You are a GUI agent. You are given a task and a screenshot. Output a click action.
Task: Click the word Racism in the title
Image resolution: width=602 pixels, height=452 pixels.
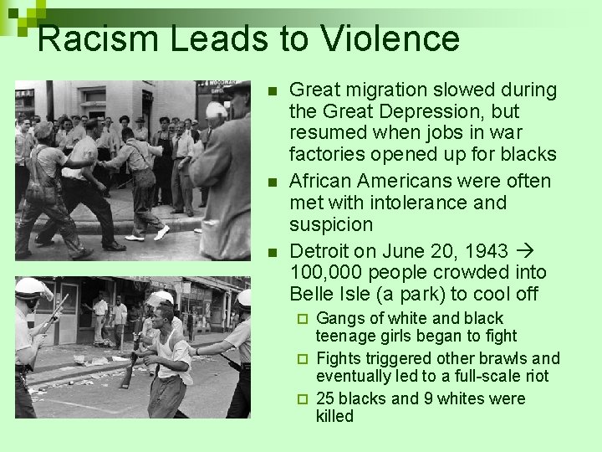click(x=90, y=39)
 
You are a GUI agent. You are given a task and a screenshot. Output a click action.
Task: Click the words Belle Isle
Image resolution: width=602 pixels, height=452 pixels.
click(x=329, y=295)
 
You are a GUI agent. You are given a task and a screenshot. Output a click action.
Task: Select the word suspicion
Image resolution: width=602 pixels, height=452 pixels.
click(x=331, y=224)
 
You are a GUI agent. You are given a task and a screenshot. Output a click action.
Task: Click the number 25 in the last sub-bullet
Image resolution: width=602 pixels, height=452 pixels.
click(x=325, y=398)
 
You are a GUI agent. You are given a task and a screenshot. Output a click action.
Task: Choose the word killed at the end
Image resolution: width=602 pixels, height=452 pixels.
click(x=334, y=416)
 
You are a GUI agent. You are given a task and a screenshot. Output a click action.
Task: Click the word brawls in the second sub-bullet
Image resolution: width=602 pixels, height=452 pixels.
click(x=482, y=359)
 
